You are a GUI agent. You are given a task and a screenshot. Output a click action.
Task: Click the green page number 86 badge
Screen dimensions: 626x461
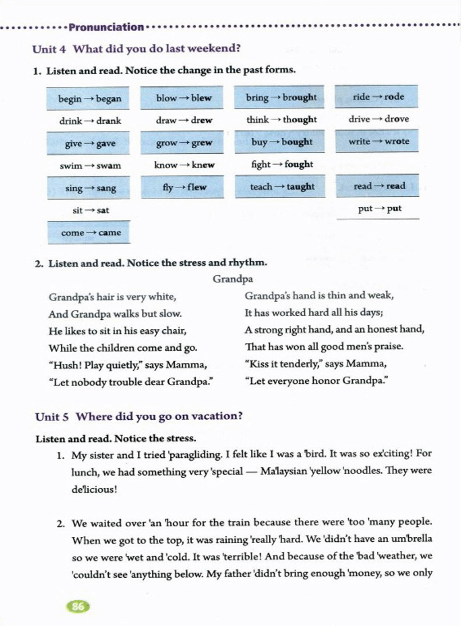78,606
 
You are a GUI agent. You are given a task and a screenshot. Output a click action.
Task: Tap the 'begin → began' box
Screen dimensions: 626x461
88,99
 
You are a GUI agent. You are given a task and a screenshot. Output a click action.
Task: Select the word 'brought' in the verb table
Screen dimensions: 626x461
300,97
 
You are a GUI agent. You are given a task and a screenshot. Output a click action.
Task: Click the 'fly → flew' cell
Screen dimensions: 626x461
182,187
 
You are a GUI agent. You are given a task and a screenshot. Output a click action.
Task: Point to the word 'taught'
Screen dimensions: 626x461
301,186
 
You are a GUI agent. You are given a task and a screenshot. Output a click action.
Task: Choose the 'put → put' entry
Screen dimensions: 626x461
379,209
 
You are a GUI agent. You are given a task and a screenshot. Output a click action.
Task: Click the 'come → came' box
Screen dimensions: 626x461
89,233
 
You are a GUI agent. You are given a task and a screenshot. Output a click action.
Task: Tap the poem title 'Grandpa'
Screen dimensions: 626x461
233,279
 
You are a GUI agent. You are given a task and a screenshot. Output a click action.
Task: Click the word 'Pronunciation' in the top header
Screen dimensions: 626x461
106,27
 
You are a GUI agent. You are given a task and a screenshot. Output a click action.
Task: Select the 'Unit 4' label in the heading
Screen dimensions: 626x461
49,49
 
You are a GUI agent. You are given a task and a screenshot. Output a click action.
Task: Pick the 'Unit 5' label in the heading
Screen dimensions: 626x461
52,417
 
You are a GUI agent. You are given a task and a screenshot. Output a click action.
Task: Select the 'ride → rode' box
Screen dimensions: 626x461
377,97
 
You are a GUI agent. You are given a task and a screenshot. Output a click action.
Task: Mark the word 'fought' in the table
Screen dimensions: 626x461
299,164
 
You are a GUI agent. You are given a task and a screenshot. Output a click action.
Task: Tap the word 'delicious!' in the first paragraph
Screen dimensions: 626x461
94,490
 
